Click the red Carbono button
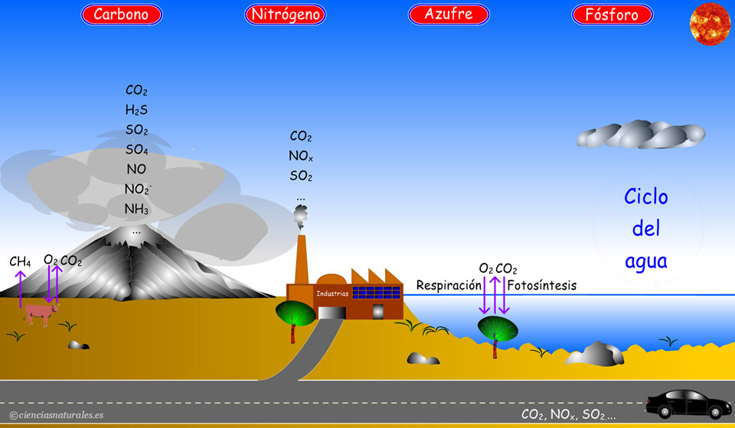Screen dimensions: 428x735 121,15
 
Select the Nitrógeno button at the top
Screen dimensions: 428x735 286,15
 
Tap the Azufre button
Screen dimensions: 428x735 448,15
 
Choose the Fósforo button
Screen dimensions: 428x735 612,15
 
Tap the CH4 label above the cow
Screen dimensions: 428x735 20,262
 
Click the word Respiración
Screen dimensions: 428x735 449,286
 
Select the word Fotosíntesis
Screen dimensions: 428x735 541,286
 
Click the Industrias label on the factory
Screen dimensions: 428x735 332,293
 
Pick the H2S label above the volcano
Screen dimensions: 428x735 136,110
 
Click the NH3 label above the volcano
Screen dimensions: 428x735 136,209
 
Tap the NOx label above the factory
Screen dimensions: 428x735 300,156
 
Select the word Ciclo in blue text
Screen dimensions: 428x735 645,197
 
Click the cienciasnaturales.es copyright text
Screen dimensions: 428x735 57,415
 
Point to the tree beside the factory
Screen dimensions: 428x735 294,315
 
